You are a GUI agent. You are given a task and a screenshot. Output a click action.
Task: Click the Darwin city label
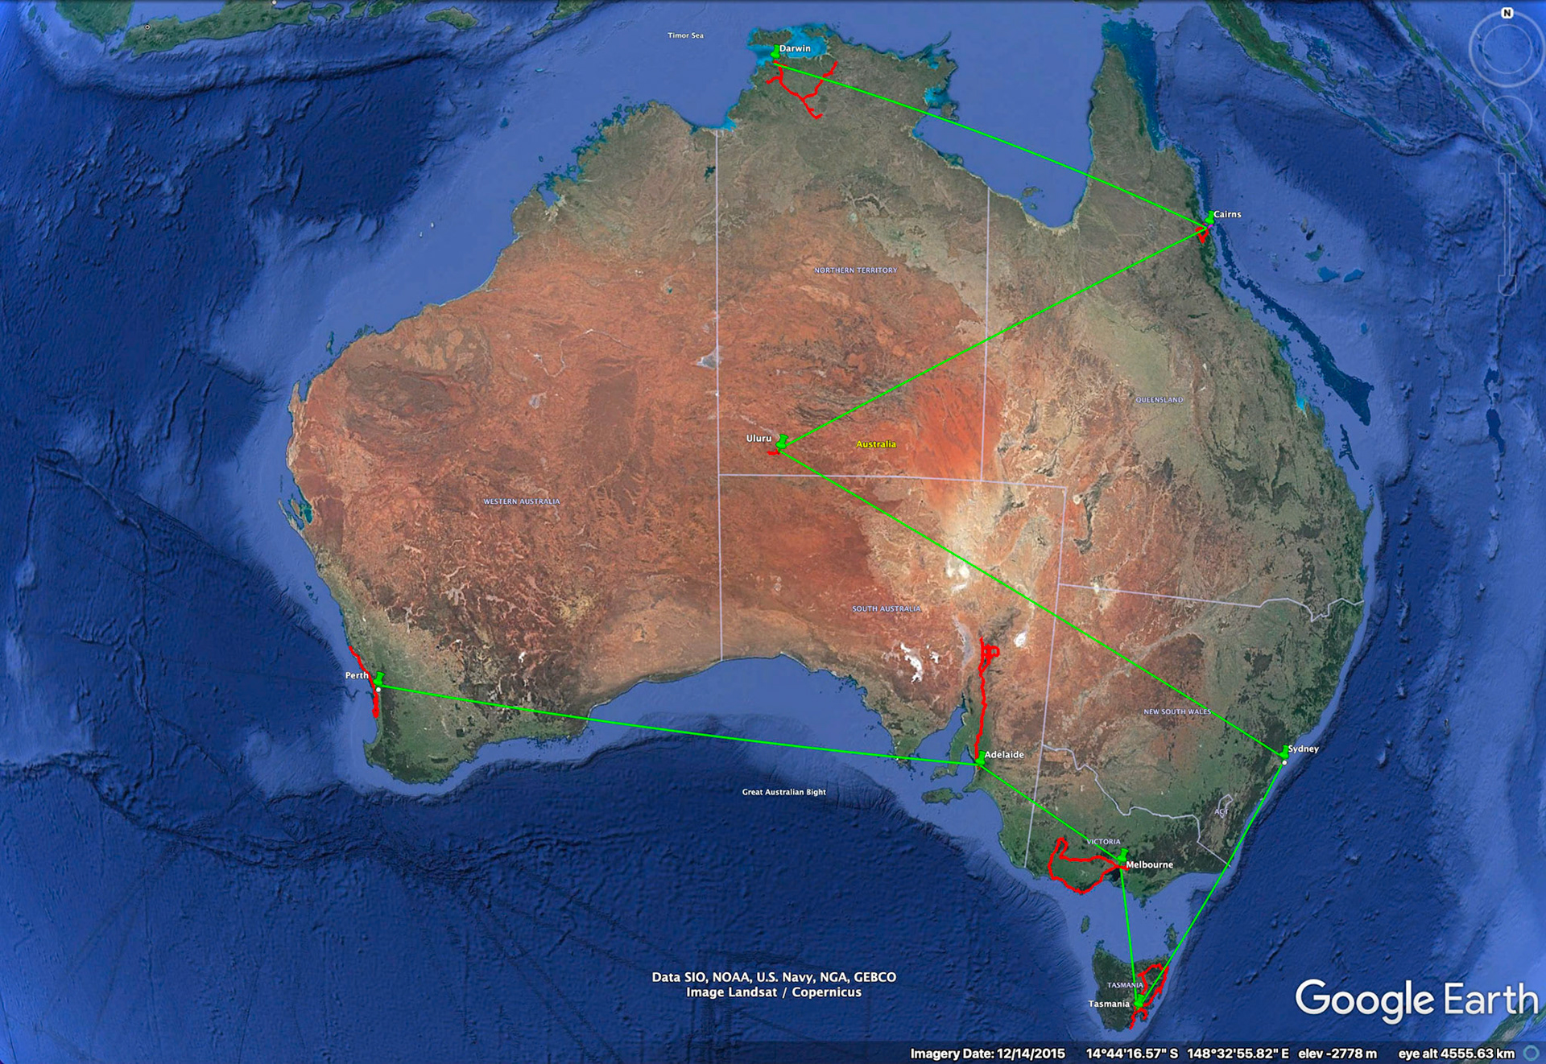(x=795, y=49)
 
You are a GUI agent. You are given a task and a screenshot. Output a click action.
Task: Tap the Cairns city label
(x=1227, y=215)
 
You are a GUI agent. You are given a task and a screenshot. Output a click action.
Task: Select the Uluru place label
(x=759, y=439)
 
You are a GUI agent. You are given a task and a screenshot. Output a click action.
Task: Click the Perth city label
(x=356, y=675)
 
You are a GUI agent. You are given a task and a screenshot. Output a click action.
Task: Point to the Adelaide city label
(x=1004, y=755)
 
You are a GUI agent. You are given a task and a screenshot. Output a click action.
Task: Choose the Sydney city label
(x=1303, y=749)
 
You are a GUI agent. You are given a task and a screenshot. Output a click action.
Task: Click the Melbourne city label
(x=1149, y=865)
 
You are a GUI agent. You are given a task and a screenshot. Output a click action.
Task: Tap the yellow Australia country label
(x=875, y=444)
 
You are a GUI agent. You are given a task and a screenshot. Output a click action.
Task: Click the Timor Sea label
(x=685, y=35)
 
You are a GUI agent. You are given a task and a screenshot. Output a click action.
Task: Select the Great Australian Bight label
(x=783, y=792)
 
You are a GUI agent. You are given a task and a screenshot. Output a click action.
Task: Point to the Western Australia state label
(x=521, y=501)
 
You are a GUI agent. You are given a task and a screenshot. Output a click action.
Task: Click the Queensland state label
(x=1159, y=400)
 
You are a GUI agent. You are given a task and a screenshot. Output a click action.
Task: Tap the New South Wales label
(x=1176, y=711)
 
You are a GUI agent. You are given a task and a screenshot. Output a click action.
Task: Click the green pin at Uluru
(x=781, y=441)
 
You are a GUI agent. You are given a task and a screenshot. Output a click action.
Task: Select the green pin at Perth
(x=379, y=679)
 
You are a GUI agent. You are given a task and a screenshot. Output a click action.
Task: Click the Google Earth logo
(x=1416, y=1000)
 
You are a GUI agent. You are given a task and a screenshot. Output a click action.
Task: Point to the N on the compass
(x=1507, y=13)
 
